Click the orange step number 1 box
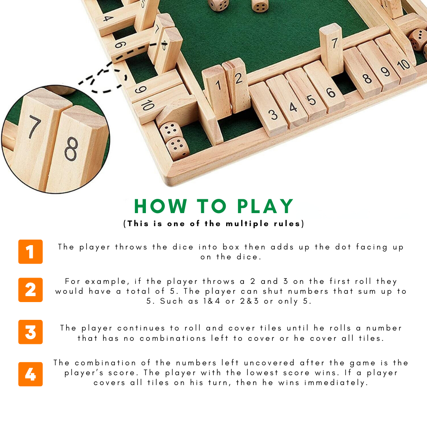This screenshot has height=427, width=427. (x=30, y=251)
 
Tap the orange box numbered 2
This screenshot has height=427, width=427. (x=30, y=290)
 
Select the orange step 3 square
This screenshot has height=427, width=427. (x=30, y=332)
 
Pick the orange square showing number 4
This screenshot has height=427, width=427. (x=30, y=374)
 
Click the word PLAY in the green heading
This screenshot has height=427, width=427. (x=265, y=206)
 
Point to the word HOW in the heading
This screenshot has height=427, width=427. (x=161, y=206)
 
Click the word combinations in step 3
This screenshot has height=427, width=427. (x=173, y=338)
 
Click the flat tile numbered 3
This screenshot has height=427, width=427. (x=268, y=109)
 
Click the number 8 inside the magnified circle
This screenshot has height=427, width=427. (x=71, y=149)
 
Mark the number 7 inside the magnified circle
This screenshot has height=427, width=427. (x=35, y=127)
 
